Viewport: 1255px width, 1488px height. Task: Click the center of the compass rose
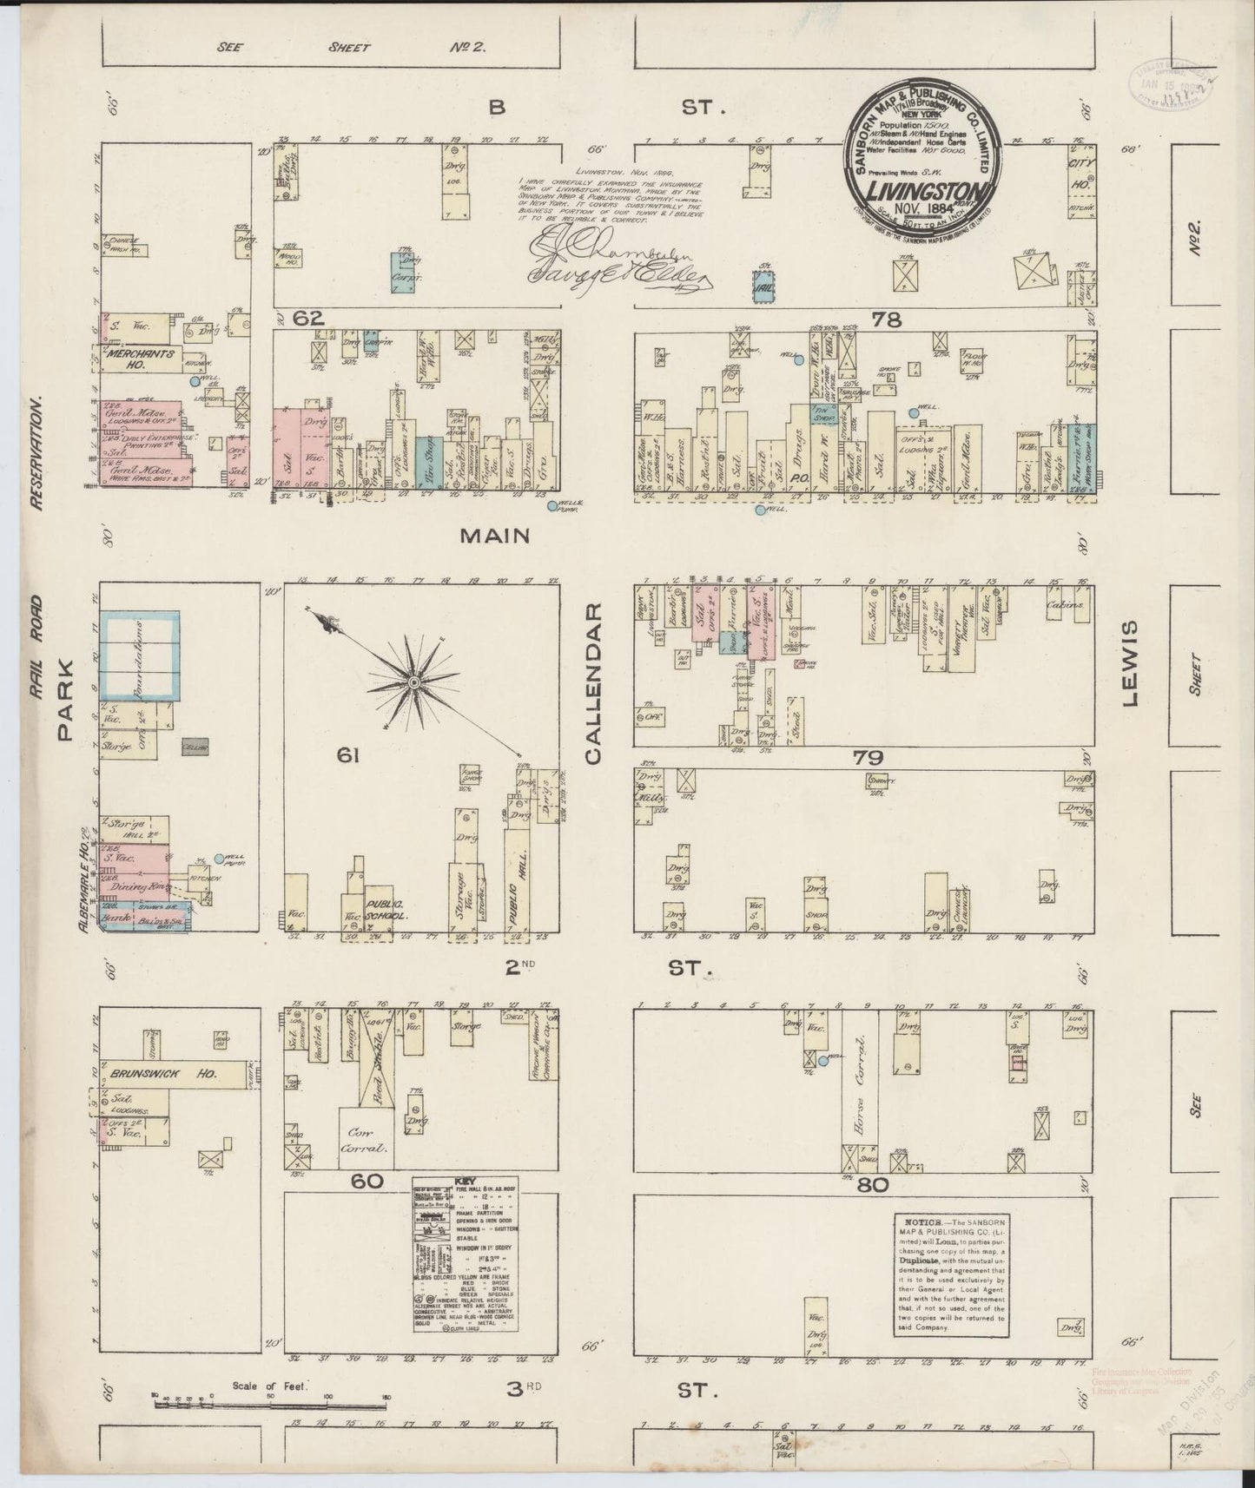coord(414,683)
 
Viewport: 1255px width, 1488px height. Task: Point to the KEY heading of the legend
coord(465,1182)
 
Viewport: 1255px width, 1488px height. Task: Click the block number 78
coord(886,319)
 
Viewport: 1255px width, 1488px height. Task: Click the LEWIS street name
coord(1130,665)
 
